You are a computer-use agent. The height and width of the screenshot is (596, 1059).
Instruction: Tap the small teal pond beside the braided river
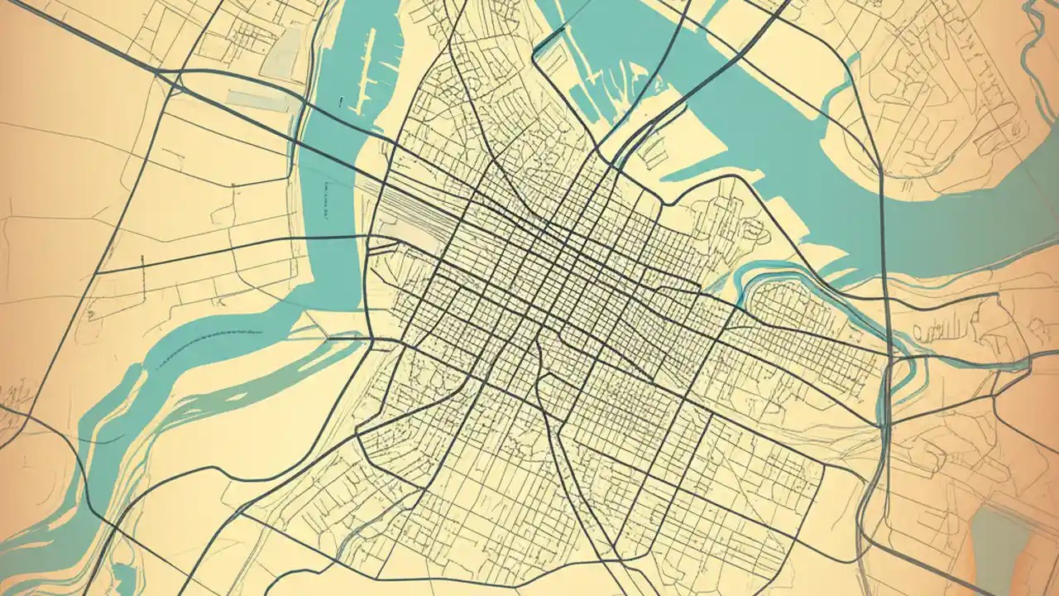(124, 571)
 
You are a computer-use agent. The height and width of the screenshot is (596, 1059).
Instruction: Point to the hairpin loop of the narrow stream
(898, 364)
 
